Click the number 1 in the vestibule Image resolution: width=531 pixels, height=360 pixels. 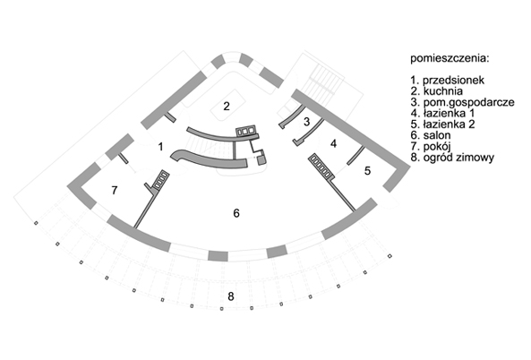(x=160, y=147)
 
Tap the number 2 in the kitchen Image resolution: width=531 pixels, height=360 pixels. (x=227, y=107)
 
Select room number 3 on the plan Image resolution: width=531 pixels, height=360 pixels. (x=307, y=122)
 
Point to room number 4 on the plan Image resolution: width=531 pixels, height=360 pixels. (x=334, y=143)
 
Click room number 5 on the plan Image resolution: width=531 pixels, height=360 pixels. (x=367, y=171)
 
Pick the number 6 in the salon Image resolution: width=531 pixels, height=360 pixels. (x=236, y=213)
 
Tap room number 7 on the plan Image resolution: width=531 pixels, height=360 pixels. (x=115, y=191)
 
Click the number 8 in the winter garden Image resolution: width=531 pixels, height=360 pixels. (x=231, y=296)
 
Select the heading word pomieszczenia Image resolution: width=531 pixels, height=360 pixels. (x=450, y=58)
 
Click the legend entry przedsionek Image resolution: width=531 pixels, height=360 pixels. (x=453, y=81)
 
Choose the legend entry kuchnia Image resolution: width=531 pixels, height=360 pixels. (x=443, y=91)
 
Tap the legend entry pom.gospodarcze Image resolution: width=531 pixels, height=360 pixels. (x=468, y=102)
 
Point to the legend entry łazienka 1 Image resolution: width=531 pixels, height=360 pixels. (x=449, y=113)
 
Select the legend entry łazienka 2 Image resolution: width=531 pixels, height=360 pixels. (x=449, y=124)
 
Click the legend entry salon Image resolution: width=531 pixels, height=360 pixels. (x=437, y=135)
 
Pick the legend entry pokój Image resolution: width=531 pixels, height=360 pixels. (x=436, y=147)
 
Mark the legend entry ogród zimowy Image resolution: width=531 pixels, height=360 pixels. (x=458, y=158)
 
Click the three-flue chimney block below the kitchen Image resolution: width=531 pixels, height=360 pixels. (x=246, y=131)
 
